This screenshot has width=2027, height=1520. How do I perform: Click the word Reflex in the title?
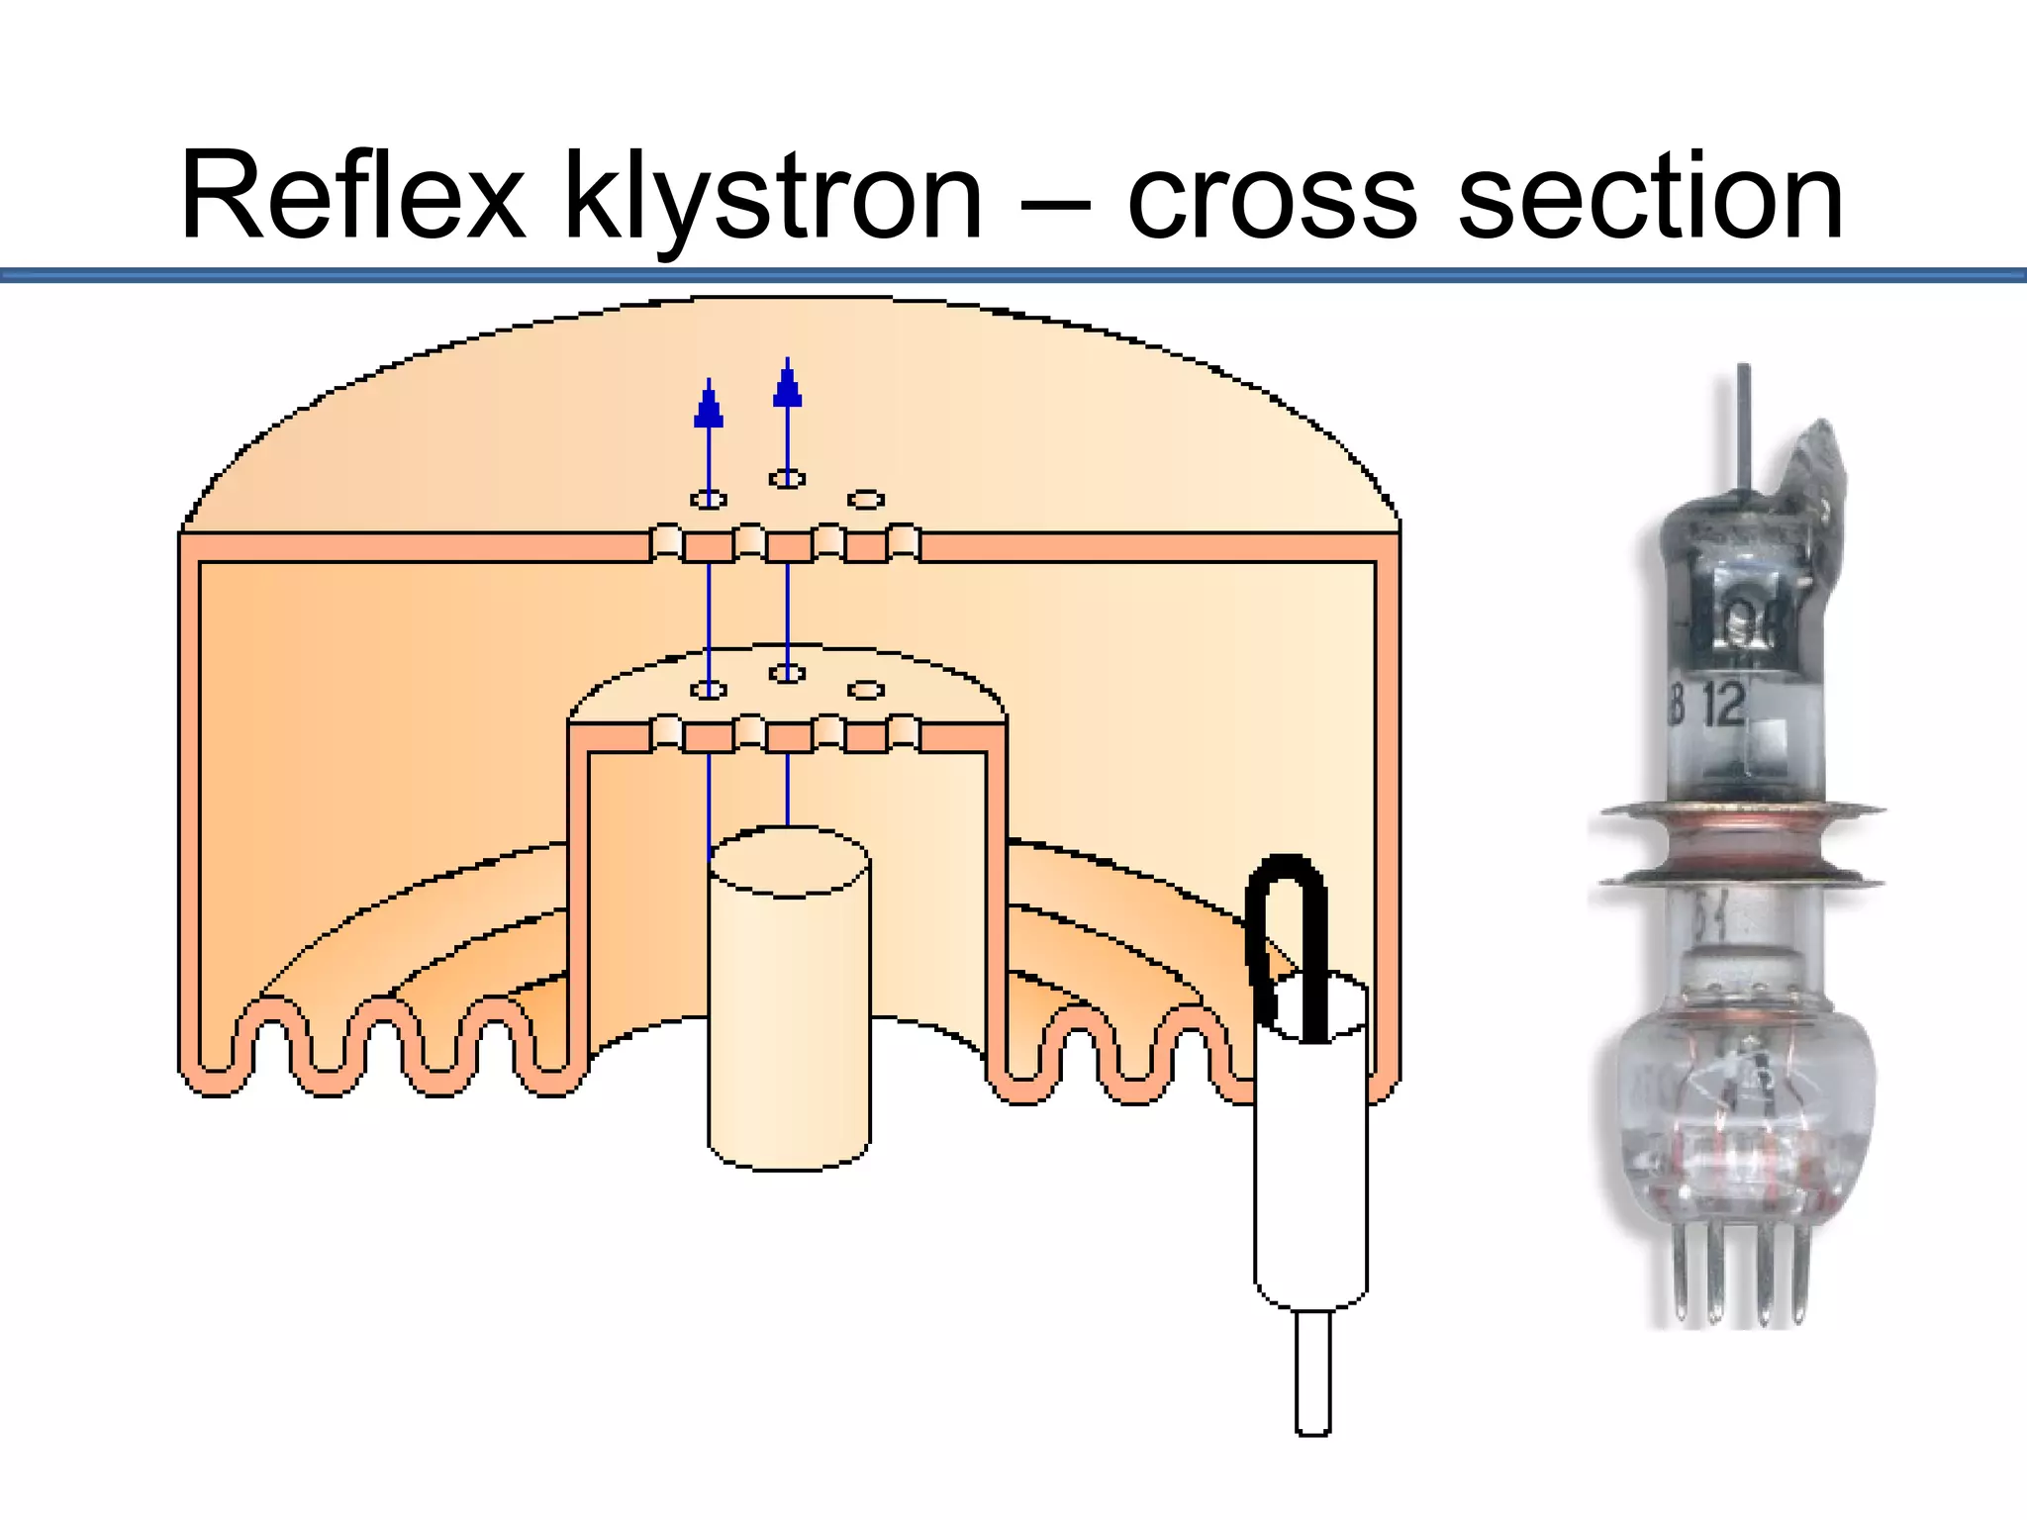pyautogui.click(x=352, y=195)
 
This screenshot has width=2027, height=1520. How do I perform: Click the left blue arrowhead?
pyautogui.click(x=709, y=408)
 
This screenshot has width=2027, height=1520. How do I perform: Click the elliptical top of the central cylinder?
pyautogui.click(x=790, y=863)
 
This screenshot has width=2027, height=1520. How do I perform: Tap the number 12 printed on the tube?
pyautogui.click(x=1726, y=705)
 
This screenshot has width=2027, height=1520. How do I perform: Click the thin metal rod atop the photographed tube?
pyautogui.click(x=1743, y=426)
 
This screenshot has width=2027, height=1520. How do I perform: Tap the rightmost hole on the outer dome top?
pyautogui.click(x=866, y=500)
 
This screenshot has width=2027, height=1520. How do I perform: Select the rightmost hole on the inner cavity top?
pyautogui.click(x=866, y=689)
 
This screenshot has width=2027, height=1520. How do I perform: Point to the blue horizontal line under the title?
pyautogui.click(x=1013, y=274)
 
